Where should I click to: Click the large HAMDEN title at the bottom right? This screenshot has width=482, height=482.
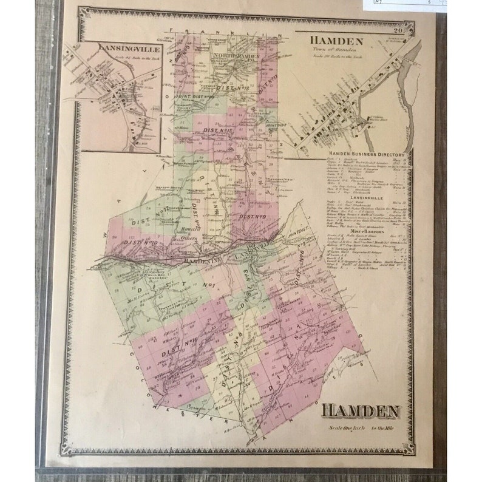coord(360,411)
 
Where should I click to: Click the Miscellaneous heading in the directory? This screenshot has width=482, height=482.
coord(365,231)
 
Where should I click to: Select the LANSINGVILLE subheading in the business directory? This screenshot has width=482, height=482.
coord(365,189)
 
